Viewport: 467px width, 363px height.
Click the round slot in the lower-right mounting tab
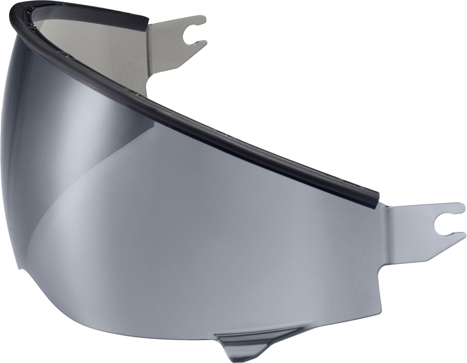440,224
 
